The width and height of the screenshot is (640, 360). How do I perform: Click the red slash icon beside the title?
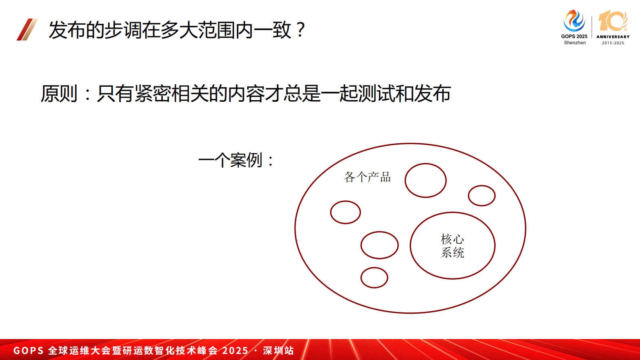click(27, 29)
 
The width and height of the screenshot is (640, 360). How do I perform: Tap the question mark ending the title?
click(300, 30)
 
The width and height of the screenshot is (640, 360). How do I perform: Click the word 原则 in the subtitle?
click(59, 94)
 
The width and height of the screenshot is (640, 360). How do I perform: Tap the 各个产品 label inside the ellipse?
click(367, 177)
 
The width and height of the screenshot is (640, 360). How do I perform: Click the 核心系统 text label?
click(452, 246)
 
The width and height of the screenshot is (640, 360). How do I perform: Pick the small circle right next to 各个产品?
click(425, 180)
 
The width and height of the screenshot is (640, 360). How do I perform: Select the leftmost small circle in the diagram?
click(345, 212)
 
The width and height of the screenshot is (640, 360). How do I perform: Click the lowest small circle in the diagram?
click(374, 278)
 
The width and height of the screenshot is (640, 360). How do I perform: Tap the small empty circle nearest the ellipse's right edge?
click(482, 196)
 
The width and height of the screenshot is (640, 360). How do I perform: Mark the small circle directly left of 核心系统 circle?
click(379, 245)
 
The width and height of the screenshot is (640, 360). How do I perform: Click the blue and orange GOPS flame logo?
click(574, 21)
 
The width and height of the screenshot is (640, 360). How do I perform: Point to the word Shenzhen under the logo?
click(575, 43)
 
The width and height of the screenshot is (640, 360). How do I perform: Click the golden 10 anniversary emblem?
click(613, 21)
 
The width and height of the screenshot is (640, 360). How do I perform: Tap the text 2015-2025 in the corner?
click(613, 43)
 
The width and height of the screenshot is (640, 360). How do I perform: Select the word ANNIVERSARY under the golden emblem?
click(613, 37)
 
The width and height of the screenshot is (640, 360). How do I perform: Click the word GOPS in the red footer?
click(28, 350)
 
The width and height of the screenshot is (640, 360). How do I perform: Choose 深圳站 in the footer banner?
click(278, 350)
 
